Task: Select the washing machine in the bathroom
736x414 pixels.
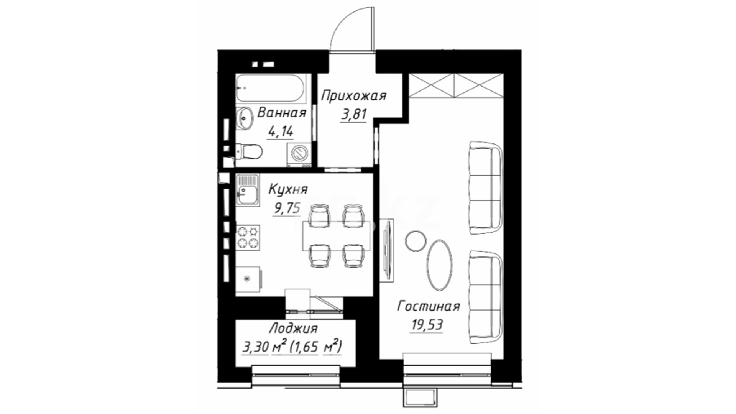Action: click(x=299, y=155)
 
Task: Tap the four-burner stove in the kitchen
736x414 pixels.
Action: click(x=248, y=237)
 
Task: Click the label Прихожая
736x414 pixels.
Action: click(x=353, y=96)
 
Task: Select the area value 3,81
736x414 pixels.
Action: click(x=353, y=114)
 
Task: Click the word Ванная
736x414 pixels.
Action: click(x=282, y=113)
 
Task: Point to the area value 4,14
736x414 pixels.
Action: click(x=281, y=132)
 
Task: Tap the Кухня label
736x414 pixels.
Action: click(x=288, y=189)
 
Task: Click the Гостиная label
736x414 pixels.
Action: click(x=429, y=307)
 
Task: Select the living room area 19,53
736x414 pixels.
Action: click(x=427, y=325)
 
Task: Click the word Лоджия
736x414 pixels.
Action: click(x=293, y=329)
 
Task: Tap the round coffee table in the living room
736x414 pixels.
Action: click(x=416, y=241)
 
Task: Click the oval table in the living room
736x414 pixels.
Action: click(x=440, y=265)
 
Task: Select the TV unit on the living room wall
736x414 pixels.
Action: click(x=387, y=250)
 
